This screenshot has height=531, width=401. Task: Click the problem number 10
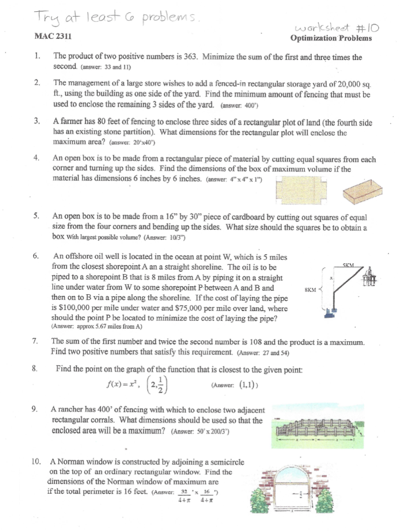(x=35, y=462)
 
